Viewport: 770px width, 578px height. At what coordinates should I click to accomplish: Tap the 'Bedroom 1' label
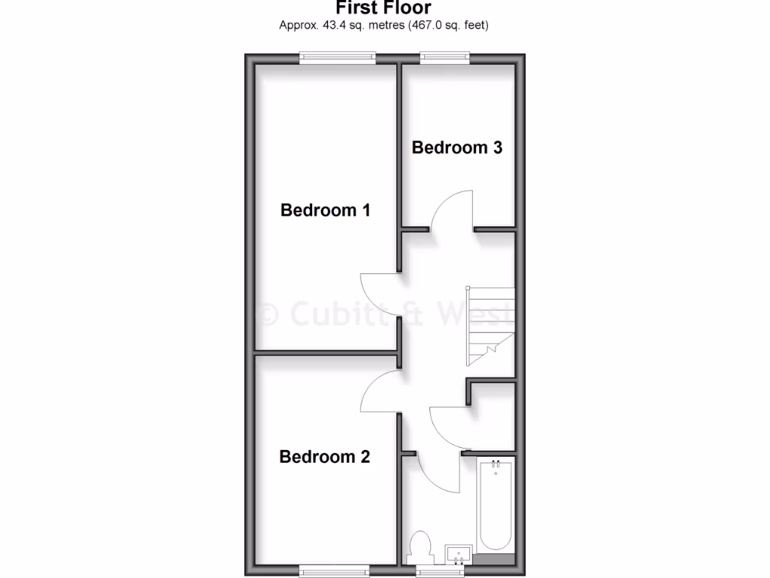click(325, 210)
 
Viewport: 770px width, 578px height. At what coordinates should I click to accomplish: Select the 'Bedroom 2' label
click(324, 457)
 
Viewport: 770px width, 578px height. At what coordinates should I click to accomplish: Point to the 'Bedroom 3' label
click(456, 148)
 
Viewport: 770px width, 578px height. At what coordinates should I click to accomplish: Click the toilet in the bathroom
click(421, 546)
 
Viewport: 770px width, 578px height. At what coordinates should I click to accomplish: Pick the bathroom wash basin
click(458, 555)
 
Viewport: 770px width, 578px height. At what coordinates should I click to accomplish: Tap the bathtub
click(496, 507)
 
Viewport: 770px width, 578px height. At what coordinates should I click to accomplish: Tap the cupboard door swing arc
click(448, 427)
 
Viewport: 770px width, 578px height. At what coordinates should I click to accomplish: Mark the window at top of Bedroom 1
click(337, 56)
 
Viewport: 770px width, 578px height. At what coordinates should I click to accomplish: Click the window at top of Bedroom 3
click(445, 56)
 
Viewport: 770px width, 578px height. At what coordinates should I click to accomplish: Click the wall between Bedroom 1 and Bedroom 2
click(325, 351)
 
